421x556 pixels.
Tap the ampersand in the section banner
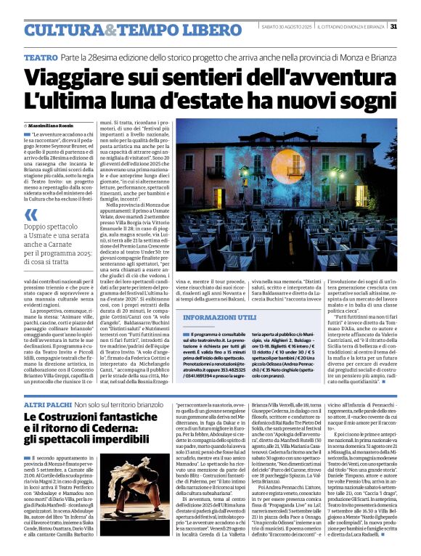(x=108, y=30)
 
